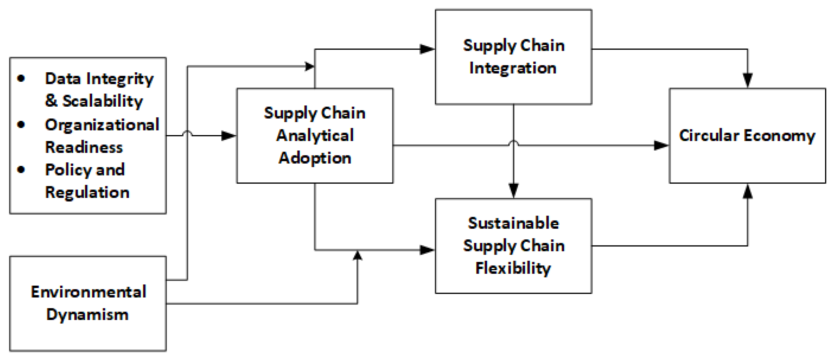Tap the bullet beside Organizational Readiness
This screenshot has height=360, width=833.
[21, 125]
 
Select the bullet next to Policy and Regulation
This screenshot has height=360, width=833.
[21, 169]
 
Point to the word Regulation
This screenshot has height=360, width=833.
[87, 192]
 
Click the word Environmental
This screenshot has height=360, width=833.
[88, 292]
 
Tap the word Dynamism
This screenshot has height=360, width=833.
[87, 315]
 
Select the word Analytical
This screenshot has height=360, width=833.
[315, 135]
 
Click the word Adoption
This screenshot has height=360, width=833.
[315, 158]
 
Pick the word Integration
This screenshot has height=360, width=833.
[513, 68]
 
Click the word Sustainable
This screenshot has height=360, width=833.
[514, 223]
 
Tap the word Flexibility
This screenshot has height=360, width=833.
[513, 268]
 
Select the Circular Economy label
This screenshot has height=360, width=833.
[747, 135]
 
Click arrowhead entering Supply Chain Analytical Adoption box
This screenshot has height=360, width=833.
[229, 135]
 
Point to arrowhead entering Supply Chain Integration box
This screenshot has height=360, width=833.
[427, 49]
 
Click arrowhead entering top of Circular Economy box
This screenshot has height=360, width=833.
[747, 80]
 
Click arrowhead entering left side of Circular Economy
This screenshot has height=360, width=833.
[661, 145]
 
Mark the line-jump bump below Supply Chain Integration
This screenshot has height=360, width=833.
[514, 143]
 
